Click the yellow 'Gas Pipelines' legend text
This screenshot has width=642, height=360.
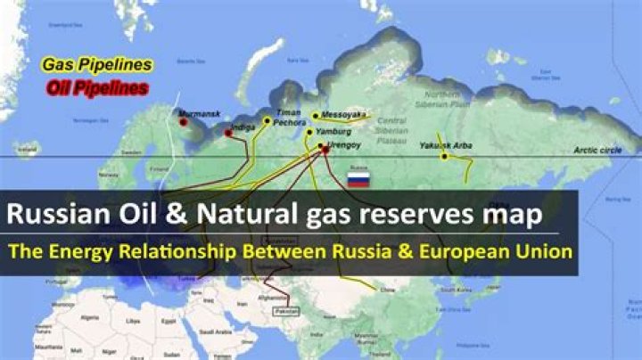[97, 65]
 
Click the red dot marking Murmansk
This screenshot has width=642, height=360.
[183, 122]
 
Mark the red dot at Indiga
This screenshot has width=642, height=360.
[228, 133]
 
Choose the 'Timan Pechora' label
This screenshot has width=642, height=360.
[288, 119]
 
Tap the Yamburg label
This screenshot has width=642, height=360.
[332, 132]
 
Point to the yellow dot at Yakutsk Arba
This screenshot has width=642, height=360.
[444, 157]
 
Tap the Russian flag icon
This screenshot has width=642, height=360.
[358, 179]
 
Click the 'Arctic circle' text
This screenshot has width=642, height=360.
[598, 150]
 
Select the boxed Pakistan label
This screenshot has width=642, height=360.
[287, 311]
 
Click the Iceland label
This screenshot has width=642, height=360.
[29, 151]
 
